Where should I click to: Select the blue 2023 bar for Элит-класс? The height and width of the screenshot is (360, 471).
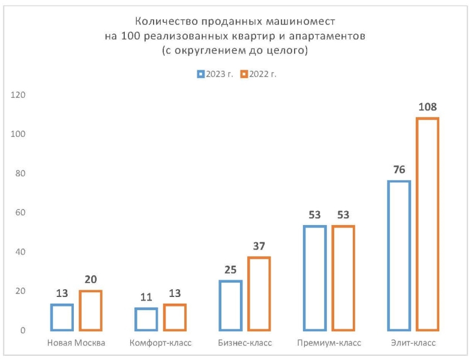(x=399, y=256)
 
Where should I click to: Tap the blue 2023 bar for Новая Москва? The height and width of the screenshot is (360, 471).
(x=62, y=317)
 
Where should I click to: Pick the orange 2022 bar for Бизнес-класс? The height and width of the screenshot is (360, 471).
(x=259, y=293)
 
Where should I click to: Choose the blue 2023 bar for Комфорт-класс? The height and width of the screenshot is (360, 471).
(x=146, y=319)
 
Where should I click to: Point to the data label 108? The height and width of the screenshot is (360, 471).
(x=428, y=108)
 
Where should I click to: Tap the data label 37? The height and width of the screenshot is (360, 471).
(x=259, y=247)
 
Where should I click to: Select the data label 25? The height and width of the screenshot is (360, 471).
(x=230, y=271)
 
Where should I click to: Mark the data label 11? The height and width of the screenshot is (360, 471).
(x=146, y=298)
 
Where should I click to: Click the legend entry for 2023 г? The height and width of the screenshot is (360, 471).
(x=215, y=74)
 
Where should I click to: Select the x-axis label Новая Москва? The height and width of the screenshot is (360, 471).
(x=76, y=343)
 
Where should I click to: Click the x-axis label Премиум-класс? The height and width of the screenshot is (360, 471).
(x=329, y=343)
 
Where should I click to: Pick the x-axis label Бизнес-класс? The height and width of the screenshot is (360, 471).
(x=245, y=343)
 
